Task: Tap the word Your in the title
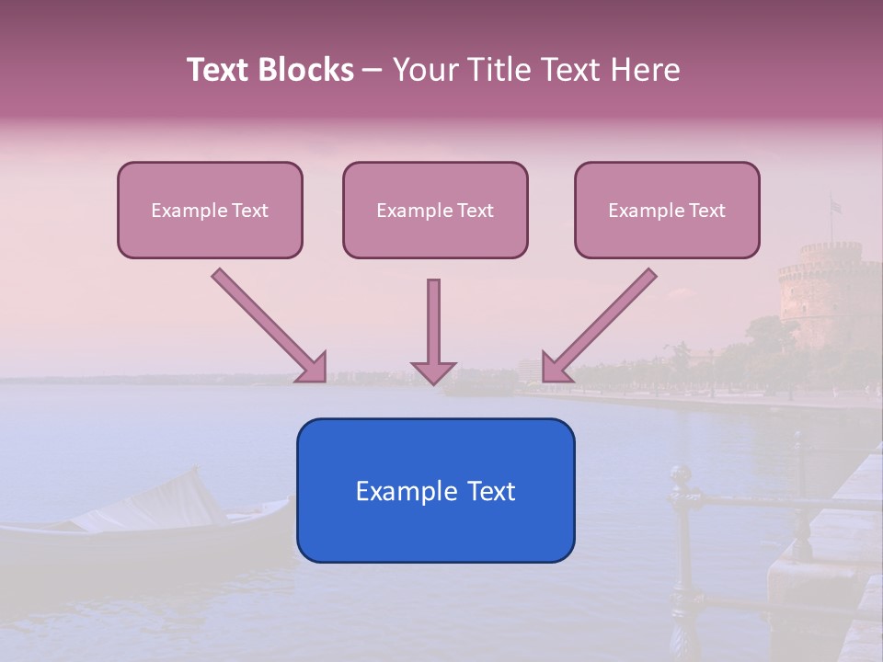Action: tap(425, 70)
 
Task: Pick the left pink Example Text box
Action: tap(210, 210)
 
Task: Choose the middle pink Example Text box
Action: tap(435, 210)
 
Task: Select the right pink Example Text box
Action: tap(667, 210)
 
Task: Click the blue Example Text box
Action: tap(435, 490)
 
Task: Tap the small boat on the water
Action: tap(147, 519)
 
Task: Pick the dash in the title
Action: tap(373, 70)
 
